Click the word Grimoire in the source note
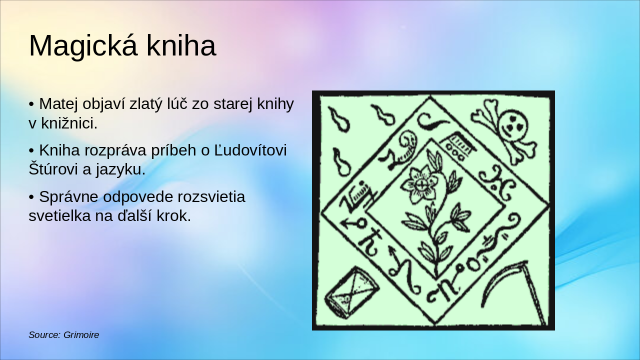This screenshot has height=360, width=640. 81,335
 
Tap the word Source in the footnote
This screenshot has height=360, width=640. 44,335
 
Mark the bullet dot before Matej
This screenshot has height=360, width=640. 31,104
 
